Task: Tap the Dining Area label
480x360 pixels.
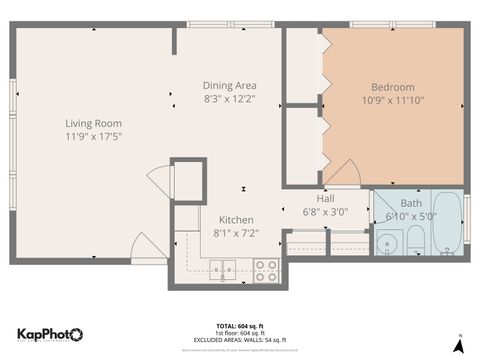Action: (230, 86)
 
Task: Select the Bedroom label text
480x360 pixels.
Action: (392, 87)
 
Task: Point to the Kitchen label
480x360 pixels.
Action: (236, 220)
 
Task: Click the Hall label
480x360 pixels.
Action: (326, 199)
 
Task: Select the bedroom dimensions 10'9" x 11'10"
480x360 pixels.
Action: (392, 100)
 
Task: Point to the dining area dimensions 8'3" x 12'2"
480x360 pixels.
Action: (230, 99)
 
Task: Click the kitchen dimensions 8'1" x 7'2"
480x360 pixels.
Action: (236, 233)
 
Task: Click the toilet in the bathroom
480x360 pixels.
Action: (415, 240)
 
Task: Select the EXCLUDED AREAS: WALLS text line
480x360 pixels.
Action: (240, 341)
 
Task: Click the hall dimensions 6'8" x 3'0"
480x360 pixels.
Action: (326, 212)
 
